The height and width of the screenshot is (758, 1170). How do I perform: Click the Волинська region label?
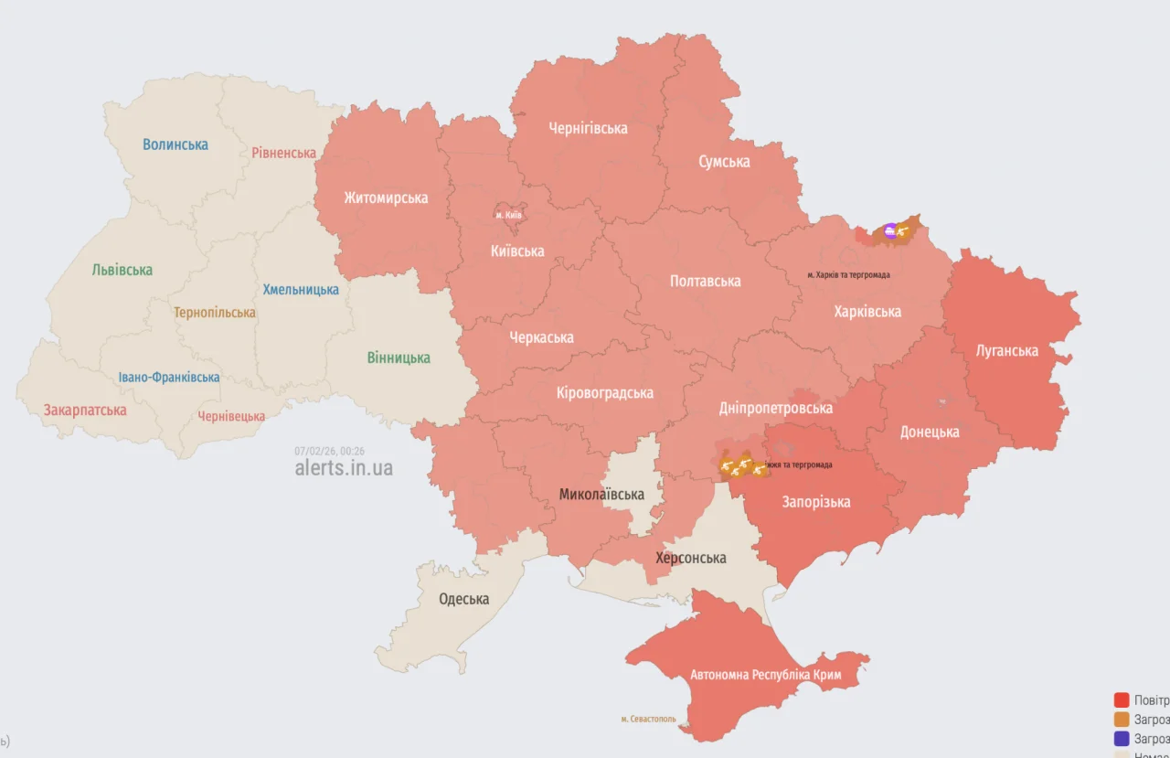point(175,144)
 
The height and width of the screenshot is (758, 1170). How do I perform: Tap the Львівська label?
point(122,270)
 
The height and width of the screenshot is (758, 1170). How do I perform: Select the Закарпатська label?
point(85,410)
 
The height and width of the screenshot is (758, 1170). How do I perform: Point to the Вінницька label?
point(399,358)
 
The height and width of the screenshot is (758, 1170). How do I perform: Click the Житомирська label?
point(386,198)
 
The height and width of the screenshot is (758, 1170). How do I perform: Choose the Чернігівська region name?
point(588,128)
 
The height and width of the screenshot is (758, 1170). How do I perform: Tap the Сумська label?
point(724,162)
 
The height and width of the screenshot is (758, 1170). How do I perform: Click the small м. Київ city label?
point(508,214)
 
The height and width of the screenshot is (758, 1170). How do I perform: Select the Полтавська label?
point(705,281)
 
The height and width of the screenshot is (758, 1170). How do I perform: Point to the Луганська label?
point(1006,350)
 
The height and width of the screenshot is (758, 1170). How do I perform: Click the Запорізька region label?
point(815,501)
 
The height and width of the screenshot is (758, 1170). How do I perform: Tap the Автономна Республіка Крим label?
point(765,675)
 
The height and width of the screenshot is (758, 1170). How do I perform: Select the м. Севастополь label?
point(648,719)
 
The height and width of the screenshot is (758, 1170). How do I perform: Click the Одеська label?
point(463,599)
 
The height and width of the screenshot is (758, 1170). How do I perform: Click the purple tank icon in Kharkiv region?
point(890,230)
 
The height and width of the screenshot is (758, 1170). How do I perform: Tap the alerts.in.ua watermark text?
point(344,467)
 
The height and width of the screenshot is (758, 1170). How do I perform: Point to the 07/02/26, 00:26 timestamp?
point(329,451)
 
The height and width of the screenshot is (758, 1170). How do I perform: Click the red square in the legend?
point(1122,700)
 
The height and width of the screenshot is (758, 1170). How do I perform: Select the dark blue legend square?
point(1122,738)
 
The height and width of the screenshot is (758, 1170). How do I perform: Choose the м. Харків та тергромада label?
point(848,274)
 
